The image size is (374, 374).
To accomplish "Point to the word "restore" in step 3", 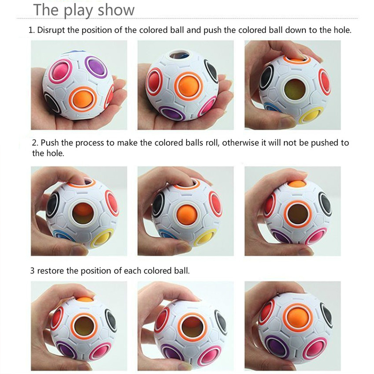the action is [x=50, y=271].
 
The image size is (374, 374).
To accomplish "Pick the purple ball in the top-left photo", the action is [x=96, y=67].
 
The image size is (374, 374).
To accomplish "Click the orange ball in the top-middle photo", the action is [x=188, y=86].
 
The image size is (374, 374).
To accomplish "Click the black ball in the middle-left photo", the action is [x=53, y=204].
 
